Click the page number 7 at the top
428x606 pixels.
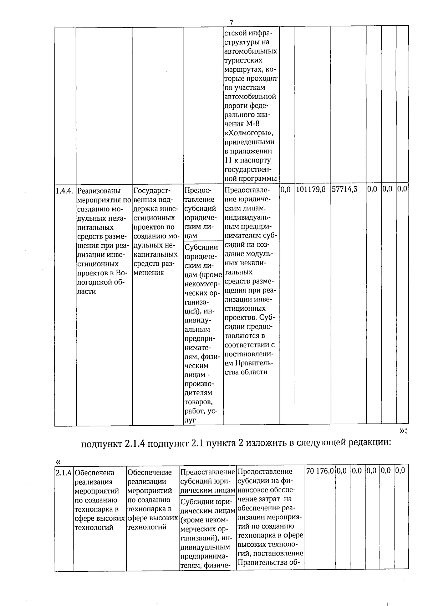pos(231,23)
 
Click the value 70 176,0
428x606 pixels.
pos(320,471)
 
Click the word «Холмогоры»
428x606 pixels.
pos(249,133)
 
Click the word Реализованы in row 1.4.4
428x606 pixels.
pos(99,191)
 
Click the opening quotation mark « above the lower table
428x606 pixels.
pos(58,462)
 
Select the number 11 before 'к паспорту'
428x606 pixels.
pos(228,160)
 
